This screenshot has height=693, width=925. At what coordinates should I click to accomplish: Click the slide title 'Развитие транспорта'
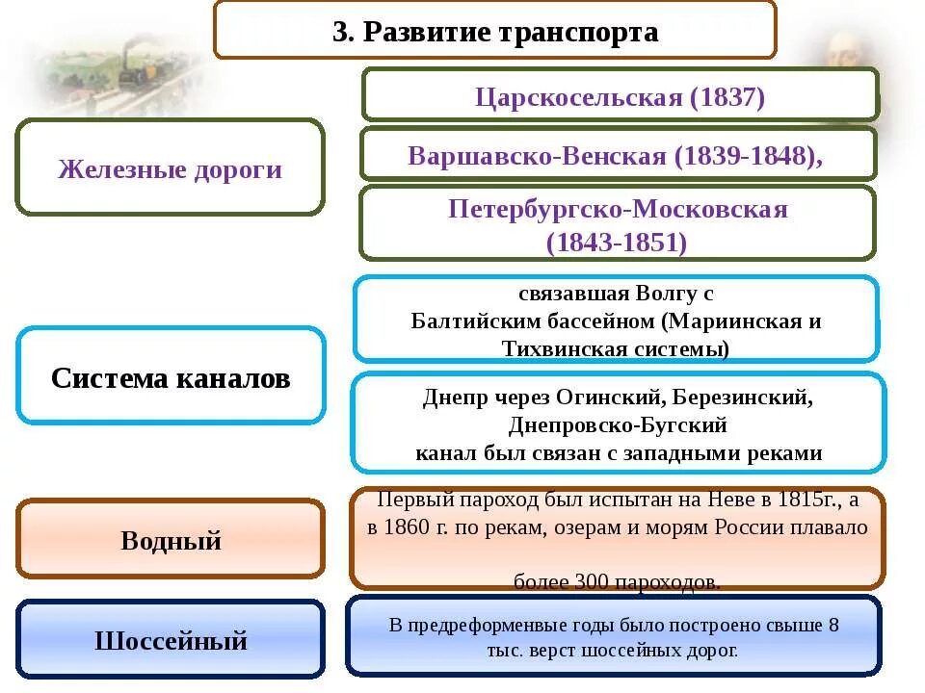[511, 32]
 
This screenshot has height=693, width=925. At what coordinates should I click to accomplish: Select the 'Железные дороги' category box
[170, 169]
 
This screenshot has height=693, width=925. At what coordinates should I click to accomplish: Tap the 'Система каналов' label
[171, 377]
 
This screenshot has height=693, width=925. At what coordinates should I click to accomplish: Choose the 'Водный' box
[171, 540]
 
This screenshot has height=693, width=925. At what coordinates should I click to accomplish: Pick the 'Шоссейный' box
[171, 640]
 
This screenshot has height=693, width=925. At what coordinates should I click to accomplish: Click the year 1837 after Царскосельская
[725, 97]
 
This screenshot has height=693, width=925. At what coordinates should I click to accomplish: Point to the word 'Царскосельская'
[578, 97]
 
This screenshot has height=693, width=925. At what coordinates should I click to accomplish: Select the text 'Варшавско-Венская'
[537, 155]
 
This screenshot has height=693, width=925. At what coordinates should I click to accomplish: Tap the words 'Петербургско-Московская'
[618, 210]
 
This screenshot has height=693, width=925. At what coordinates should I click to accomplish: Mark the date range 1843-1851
[617, 243]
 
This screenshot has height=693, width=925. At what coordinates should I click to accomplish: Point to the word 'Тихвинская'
[558, 347]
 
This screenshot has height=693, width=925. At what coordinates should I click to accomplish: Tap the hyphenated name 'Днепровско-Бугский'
[618, 424]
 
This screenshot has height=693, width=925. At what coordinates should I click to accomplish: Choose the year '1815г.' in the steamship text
[805, 500]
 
